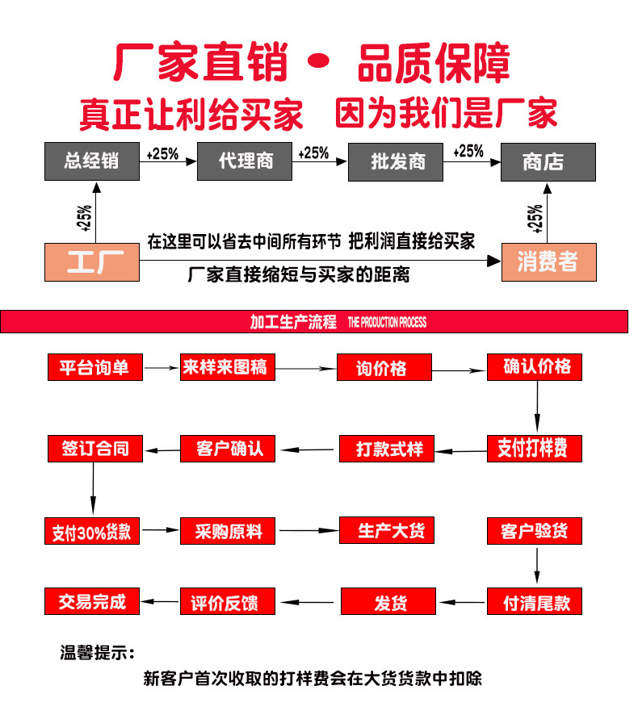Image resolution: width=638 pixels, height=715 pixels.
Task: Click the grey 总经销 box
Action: click(x=92, y=161)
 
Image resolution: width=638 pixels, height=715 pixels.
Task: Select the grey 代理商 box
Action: click(x=245, y=161)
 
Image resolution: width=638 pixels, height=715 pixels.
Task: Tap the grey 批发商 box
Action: click(x=397, y=161)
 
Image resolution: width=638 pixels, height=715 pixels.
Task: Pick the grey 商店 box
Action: click(x=548, y=161)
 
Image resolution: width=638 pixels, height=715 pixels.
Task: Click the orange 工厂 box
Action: click(x=92, y=262)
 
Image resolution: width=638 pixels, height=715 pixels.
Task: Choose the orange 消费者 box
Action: click(x=548, y=261)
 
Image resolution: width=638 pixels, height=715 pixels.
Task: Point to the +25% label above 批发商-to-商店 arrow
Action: click(x=468, y=152)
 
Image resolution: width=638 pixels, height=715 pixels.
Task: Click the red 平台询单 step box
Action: click(x=94, y=367)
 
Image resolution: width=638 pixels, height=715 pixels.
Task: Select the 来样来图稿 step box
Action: click(x=228, y=367)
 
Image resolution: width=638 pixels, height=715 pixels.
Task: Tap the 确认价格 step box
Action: click(x=535, y=367)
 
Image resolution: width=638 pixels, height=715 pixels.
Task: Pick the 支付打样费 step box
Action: click(x=535, y=448)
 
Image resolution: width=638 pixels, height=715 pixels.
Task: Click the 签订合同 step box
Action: click(x=94, y=448)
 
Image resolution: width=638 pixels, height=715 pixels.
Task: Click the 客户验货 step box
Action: click(x=535, y=530)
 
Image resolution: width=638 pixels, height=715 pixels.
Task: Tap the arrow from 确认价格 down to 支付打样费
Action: click(x=537, y=408)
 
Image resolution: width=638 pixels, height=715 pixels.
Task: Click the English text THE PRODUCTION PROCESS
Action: click(x=387, y=323)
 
